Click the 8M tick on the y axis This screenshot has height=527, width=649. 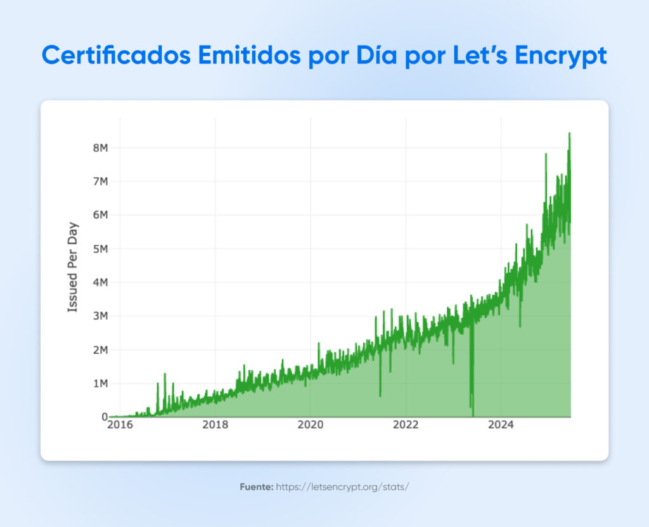click(100, 148)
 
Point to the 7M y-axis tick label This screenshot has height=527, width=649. click(100, 181)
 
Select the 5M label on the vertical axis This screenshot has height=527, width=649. click(100, 249)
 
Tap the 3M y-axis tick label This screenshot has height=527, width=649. click(100, 316)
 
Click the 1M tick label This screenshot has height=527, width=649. click(100, 383)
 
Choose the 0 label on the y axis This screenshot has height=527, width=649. click(104, 417)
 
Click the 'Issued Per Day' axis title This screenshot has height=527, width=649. click(73, 266)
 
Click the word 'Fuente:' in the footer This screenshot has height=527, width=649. click(256, 487)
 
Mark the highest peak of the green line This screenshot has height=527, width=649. click(569, 133)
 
